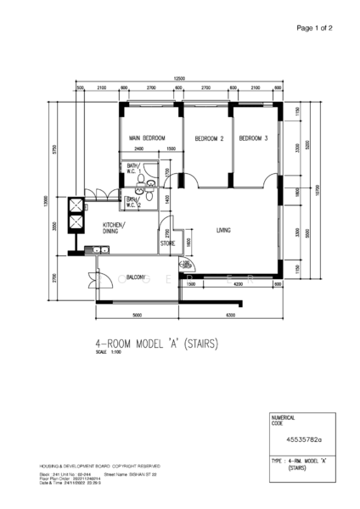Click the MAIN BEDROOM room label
[145, 137]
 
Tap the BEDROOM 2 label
[209, 137]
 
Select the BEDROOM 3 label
[253, 137]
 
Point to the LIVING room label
[224, 230]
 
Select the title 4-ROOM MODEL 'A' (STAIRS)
[157, 344]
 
